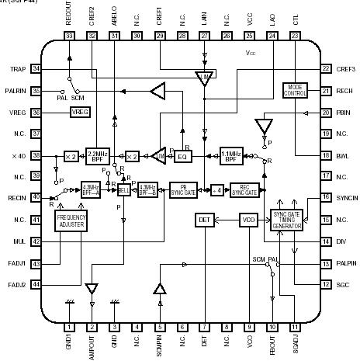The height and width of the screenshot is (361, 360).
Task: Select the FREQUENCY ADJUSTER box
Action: pyautogui.click(x=71, y=221)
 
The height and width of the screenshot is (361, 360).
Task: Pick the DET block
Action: pyautogui.click(x=204, y=220)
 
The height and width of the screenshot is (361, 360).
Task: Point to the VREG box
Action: pyautogui.click(x=80, y=113)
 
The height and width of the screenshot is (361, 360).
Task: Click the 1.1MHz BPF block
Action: pyautogui.click(x=231, y=154)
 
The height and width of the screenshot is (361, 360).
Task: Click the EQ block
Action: pyautogui.click(x=183, y=155)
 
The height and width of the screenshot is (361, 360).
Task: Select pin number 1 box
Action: pyautogui.click(x=69, y=327)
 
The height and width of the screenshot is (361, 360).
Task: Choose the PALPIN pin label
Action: pyautogui.click(x=344, y=264)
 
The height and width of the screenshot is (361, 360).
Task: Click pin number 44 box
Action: pyautogui.click(x=57, y=285)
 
